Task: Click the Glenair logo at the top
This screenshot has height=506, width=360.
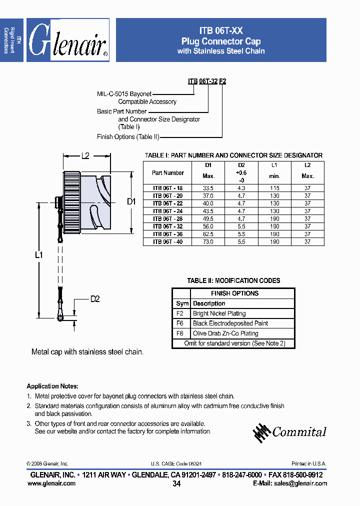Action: (x=67, y=40)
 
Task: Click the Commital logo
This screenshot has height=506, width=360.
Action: (x=289, y=432)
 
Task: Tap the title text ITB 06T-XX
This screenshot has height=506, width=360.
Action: (x=221, y=30)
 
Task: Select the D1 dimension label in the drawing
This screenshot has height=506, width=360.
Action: (x=131, y=201)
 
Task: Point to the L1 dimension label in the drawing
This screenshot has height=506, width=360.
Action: (x=38, y=254)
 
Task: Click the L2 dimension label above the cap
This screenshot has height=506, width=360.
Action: (x=85, y=156)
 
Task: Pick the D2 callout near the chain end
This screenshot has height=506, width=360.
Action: (x=95, y=299)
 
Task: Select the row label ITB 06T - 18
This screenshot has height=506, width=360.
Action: (x=167, y=188)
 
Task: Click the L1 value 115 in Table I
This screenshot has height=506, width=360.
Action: (x=274, y=188)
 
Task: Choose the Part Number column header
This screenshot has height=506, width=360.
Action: (x=167, y=173)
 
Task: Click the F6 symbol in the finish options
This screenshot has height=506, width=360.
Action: (x=180, y=323)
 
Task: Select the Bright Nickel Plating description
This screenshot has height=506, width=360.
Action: (x=219, y=313)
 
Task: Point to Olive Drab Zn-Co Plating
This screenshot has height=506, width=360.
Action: (x=225, y=333)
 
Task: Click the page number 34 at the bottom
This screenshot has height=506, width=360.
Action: (x=176, y=484)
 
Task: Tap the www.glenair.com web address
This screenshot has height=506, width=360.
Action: (x=53, y=483)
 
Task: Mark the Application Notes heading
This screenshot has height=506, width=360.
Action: (x=52, y=386)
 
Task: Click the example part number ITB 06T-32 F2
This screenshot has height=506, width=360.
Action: (x=207, y=81)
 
